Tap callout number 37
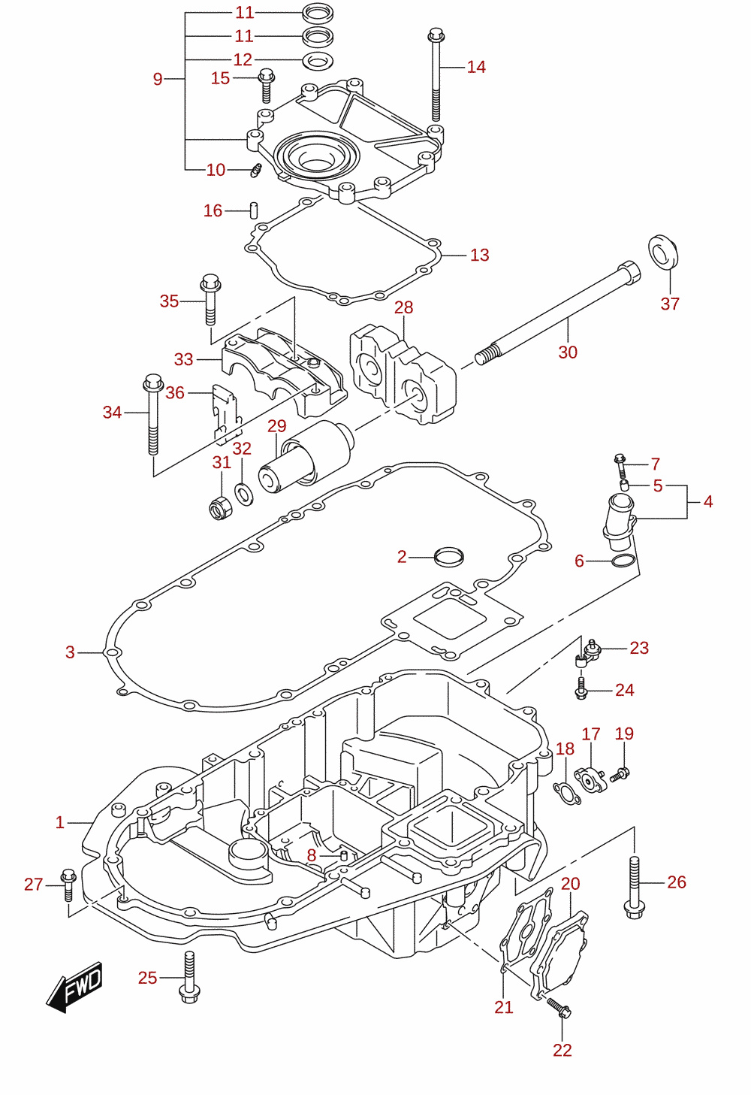(x=670, y=304)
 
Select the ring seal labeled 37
(x=663, y=251)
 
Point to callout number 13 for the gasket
(x=479, y=255)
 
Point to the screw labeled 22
(x=559, y=1008)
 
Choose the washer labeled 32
(x=244, y=494)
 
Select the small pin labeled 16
(x=254, y=210)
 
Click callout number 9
(x=157, y=79)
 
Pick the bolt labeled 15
(x=267, y=86)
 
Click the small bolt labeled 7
(x=620, y=466)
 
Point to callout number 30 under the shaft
(x=568, y=352)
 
